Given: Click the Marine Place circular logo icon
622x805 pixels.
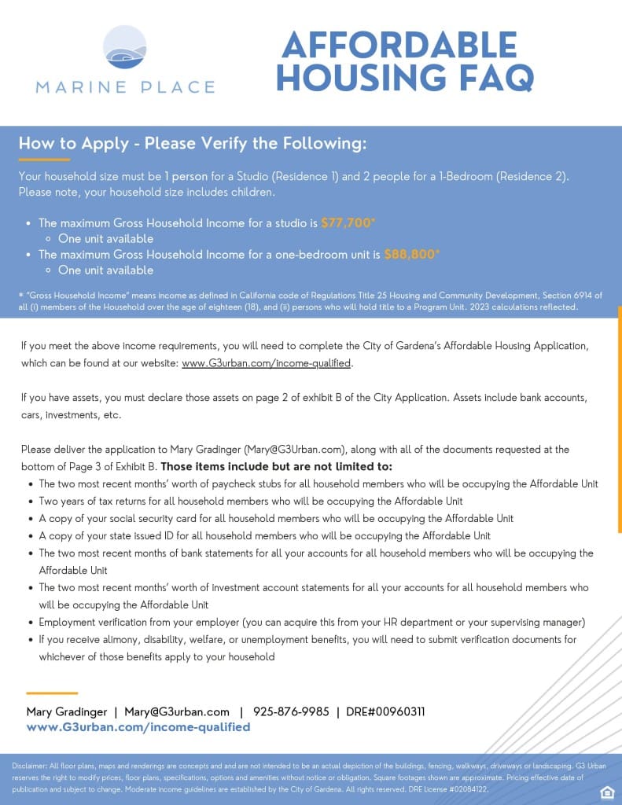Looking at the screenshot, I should (125, 47).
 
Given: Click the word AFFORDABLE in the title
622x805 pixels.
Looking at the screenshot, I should (399, 46).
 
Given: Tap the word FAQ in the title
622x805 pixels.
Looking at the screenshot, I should (490, 77).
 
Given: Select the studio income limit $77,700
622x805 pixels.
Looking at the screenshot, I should (346, 222).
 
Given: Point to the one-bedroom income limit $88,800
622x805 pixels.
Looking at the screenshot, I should (410, 254).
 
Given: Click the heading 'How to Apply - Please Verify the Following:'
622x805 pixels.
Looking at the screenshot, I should (193, 144).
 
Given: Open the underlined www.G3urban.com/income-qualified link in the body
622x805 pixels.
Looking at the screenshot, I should (267, 363).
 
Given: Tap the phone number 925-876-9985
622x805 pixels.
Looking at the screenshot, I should (291, 711).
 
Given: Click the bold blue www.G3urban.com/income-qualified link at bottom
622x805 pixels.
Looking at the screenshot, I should (138, 727).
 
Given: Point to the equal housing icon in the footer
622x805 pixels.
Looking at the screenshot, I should (605, 791).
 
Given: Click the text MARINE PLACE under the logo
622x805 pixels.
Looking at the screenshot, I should (125, 87).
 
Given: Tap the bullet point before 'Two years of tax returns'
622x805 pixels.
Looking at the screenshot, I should (31, 502).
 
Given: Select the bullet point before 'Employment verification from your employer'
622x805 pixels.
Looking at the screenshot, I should (31, 623).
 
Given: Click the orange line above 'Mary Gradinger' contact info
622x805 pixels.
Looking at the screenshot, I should (52, 693).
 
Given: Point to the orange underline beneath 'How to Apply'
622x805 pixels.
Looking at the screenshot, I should (44, 160).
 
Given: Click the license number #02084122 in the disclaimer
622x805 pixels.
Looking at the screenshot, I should (462, 788).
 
